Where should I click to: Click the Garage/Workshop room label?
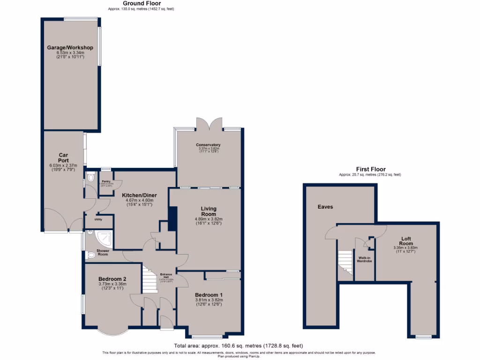click(70, 48)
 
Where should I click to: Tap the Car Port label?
click(64, 157)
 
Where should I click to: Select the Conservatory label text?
click(209, 145)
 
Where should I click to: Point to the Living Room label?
click(209, 211)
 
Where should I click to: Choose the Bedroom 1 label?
click(209, 295)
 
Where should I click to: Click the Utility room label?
click(98, 219)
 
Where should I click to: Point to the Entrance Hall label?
click(166, 276)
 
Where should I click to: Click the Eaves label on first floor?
click(325, 206)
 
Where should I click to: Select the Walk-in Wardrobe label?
click(365, 259)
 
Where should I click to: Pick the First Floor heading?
click(370, 169)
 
